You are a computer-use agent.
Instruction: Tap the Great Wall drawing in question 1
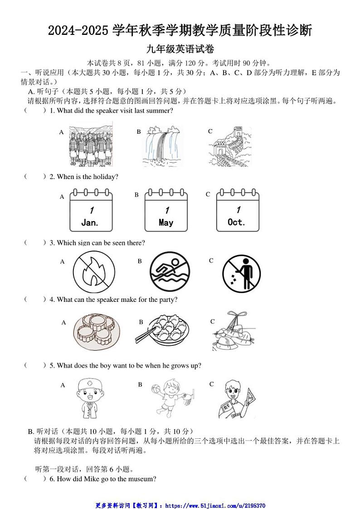[230, 146]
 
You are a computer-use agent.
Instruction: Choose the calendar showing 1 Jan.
[91, 211]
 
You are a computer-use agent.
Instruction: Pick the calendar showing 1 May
[166, 211]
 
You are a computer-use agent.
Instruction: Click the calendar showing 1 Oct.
[237, 211]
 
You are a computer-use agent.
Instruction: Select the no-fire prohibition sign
[94, 272]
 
